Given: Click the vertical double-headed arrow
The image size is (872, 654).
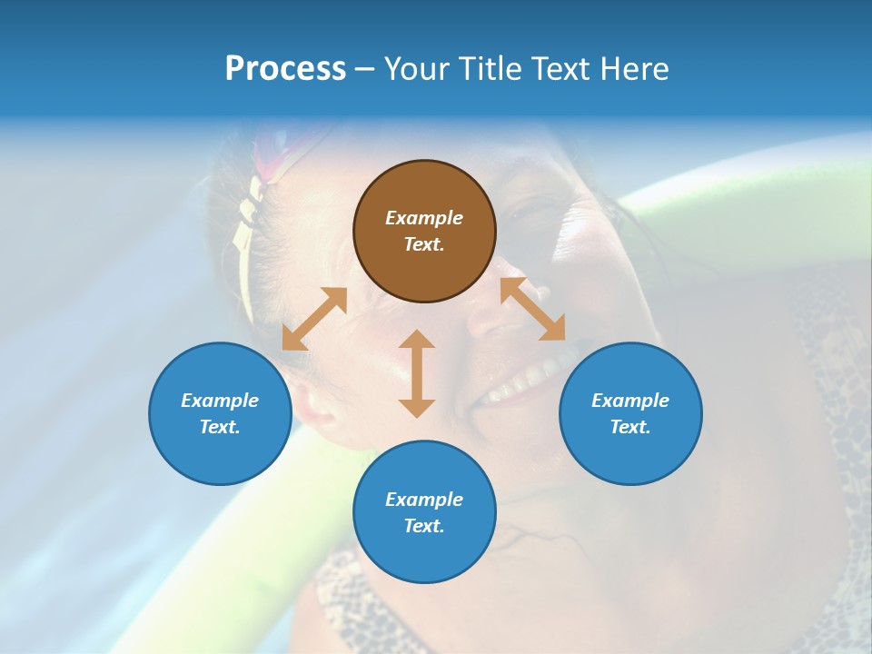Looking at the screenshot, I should [x=417, y=373].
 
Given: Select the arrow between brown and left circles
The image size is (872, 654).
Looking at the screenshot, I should [x=314, y=319].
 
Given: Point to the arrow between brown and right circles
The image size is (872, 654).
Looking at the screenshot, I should [x=532, y=309].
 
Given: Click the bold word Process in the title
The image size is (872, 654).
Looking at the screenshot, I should [x=285, y=69].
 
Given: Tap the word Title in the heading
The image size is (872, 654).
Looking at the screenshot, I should [x=490, y=69].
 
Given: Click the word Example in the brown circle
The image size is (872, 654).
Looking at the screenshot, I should [x=424, y=218].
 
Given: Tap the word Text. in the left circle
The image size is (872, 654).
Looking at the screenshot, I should [x=220, y=427].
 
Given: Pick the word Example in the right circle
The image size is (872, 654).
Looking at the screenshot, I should [x=630, y=401].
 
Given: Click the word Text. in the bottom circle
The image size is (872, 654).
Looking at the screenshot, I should [x=424, y=526].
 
